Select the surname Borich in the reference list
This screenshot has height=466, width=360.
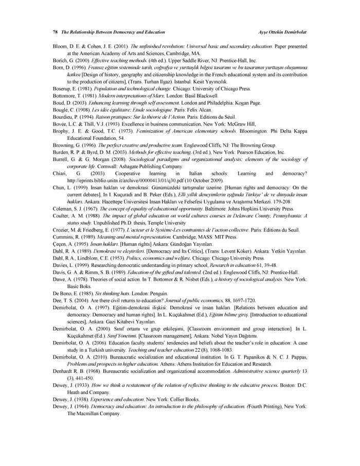[x=61, y=60]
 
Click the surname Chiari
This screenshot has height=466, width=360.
[x=61, y=174]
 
